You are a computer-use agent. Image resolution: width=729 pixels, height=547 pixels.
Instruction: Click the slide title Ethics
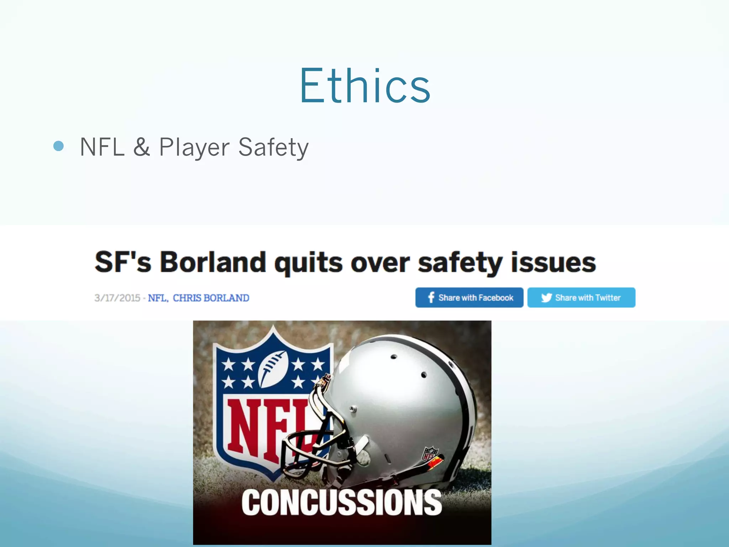(365, 86)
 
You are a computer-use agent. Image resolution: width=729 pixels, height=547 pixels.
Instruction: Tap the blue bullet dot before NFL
(58, 146)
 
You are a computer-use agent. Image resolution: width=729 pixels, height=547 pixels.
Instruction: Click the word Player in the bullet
(194, 147)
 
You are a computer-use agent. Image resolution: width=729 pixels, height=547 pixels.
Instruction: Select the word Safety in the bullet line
(273, 147)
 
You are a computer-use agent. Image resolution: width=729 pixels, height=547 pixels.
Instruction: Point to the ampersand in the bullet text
(141, 147)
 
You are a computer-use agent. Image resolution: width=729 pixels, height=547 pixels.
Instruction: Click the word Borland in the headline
(213, 262)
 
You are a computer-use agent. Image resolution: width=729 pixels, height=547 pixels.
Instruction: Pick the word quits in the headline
(309, 263)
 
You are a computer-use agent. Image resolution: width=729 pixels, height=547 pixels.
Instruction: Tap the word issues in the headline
(553, 262)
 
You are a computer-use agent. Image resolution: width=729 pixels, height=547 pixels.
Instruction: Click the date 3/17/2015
(117, 298)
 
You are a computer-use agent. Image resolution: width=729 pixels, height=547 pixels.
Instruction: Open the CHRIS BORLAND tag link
(211, 298)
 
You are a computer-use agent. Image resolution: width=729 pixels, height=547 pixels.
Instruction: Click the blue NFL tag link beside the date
(157, 298)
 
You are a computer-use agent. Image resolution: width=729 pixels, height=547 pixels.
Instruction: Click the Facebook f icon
(431, 297)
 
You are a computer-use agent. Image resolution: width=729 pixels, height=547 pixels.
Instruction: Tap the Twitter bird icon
(546, 297)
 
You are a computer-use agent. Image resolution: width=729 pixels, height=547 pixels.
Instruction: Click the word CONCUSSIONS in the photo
(342, 502)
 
